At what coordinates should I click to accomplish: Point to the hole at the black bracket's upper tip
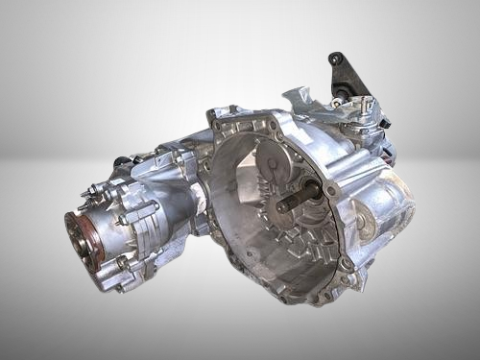(335, 59)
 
